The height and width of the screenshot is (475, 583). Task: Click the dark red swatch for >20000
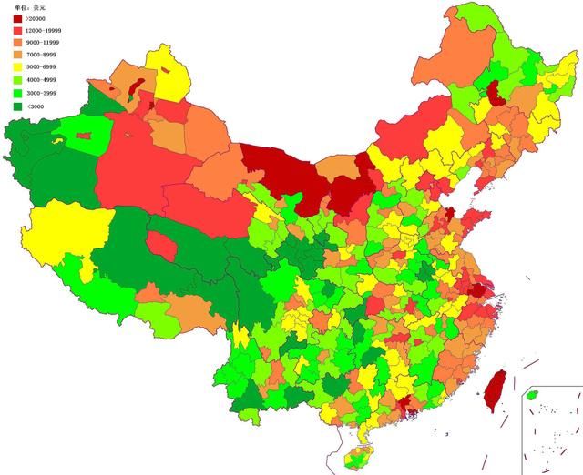[17, 18]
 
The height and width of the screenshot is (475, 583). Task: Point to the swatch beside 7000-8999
[17, 56]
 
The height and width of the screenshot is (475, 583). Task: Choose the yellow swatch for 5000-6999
[17, 69]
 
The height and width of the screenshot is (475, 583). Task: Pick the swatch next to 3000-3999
[17, 94]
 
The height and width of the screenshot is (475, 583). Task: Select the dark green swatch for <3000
[17, 106]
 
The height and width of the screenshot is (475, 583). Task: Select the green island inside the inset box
[533, 396]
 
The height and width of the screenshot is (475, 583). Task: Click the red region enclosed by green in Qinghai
[160, 245]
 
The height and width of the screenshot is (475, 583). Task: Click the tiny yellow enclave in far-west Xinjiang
[56, 141]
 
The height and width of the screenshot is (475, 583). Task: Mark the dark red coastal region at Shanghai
[476, 290]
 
